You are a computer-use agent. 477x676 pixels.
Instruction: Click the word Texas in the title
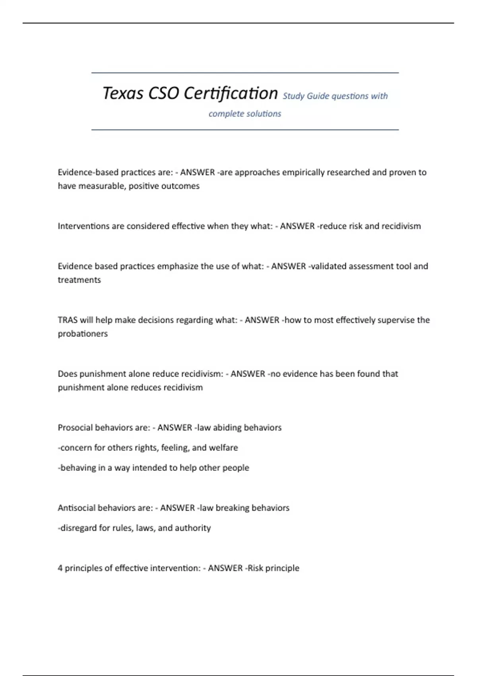click(123, 93)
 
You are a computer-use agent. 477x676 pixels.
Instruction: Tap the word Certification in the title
click(231, 93)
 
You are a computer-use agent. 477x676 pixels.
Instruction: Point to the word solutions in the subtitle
click(264, 114)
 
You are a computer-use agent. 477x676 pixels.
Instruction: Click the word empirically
click(303, 172)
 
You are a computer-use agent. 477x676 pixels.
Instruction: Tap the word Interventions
click(83, 226)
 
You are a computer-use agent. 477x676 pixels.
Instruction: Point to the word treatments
click(79, 280)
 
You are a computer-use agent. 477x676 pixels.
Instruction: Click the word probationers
click(83, 333)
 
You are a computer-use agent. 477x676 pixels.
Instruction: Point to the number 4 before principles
click(60, 568)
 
